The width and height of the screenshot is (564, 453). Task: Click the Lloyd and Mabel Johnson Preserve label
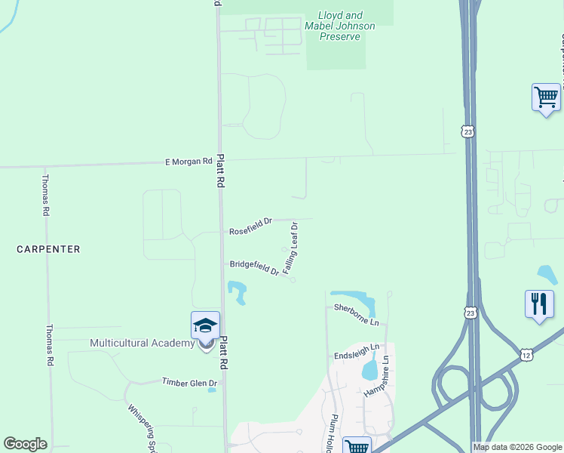pyautogui.click(x=348, y=26)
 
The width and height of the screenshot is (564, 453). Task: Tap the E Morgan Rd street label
pyautogui.click(x=189, y=161)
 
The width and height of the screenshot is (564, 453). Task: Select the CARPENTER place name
pyautogui.click(x=48, y=248)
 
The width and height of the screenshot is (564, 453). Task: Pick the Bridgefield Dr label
pyautogui.click(x=255, y=267)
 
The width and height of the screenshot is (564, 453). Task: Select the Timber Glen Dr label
pyautogui.click(x=189, y=383)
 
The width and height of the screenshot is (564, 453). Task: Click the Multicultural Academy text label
pyautogui.click(x=142, y=343)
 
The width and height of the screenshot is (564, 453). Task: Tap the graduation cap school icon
pyautogui.click(x=205, y=325)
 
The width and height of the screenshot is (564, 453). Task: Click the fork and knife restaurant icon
pyautogui.click(x=539, y=304)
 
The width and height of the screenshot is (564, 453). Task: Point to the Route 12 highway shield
pyautogui.click(x=525, y=353)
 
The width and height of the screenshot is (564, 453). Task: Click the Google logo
pyautogui.click(x=25, y=444)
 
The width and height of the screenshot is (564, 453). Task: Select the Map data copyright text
pyautogui.click(x=517, y=447)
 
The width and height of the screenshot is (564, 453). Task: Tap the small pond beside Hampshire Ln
pyautogui.click(x=369, y=370)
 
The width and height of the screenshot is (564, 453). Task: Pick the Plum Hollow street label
pyautogui.click(x=330, y=434)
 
